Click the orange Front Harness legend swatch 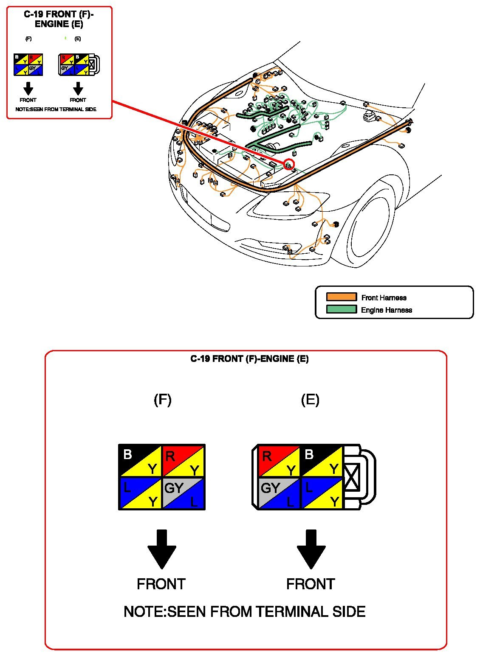[x=341, y=297]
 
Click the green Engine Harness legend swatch [x=341, y=309]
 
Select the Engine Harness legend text [x=386, y=310]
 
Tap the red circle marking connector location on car [x=289, y=164]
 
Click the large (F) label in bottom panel [x=162, y=400]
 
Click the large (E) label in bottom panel [x=310, y=400]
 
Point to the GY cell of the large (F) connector [x=184, y=493]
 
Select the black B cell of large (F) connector [x=140, y=461]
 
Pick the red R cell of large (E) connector [x=279, y=461]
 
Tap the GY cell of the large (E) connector [x=279, y=493]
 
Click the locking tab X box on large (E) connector [x=352, y=477]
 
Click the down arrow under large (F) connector [x=162, y=549]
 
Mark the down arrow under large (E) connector [x=311, y=549]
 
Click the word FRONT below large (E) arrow [x=311, y=584]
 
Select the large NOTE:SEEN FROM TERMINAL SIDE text [x=245, y=612]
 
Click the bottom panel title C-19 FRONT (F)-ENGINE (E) [x=249, y=359]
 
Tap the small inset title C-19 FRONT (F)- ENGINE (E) [x=59, y=19]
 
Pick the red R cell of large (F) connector [x=184, y=461]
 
